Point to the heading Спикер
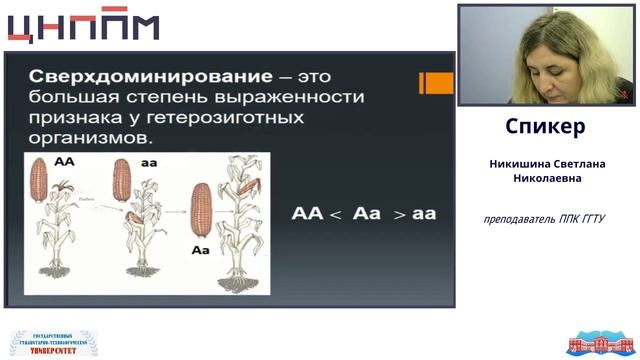(x=545, y=128)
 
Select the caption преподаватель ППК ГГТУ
(x=545, y=219)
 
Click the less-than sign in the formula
(x=335, y=214)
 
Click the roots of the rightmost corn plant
(x=238, y=281)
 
